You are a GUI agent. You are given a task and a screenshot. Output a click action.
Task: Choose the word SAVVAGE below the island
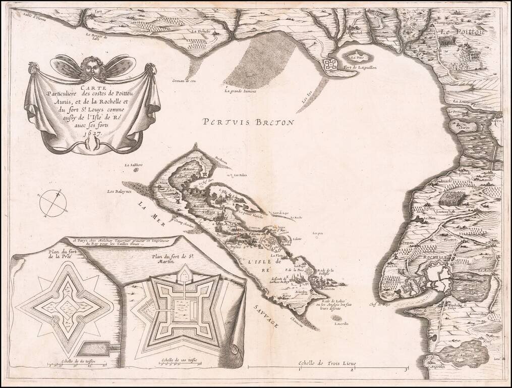(x=265, y=318)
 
